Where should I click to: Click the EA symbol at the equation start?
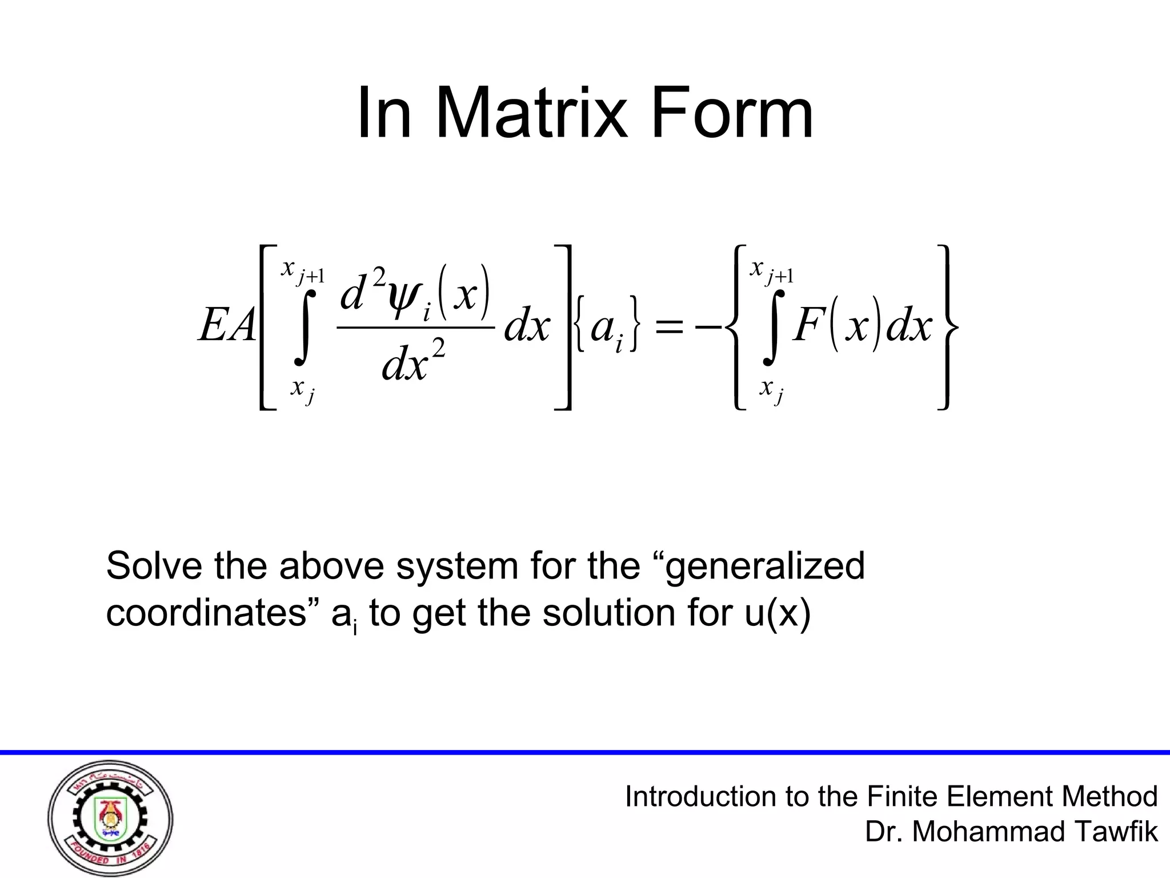[227, 327]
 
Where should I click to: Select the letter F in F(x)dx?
[807, 327]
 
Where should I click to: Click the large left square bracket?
[266, 327]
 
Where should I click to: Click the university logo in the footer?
[110, 819]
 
